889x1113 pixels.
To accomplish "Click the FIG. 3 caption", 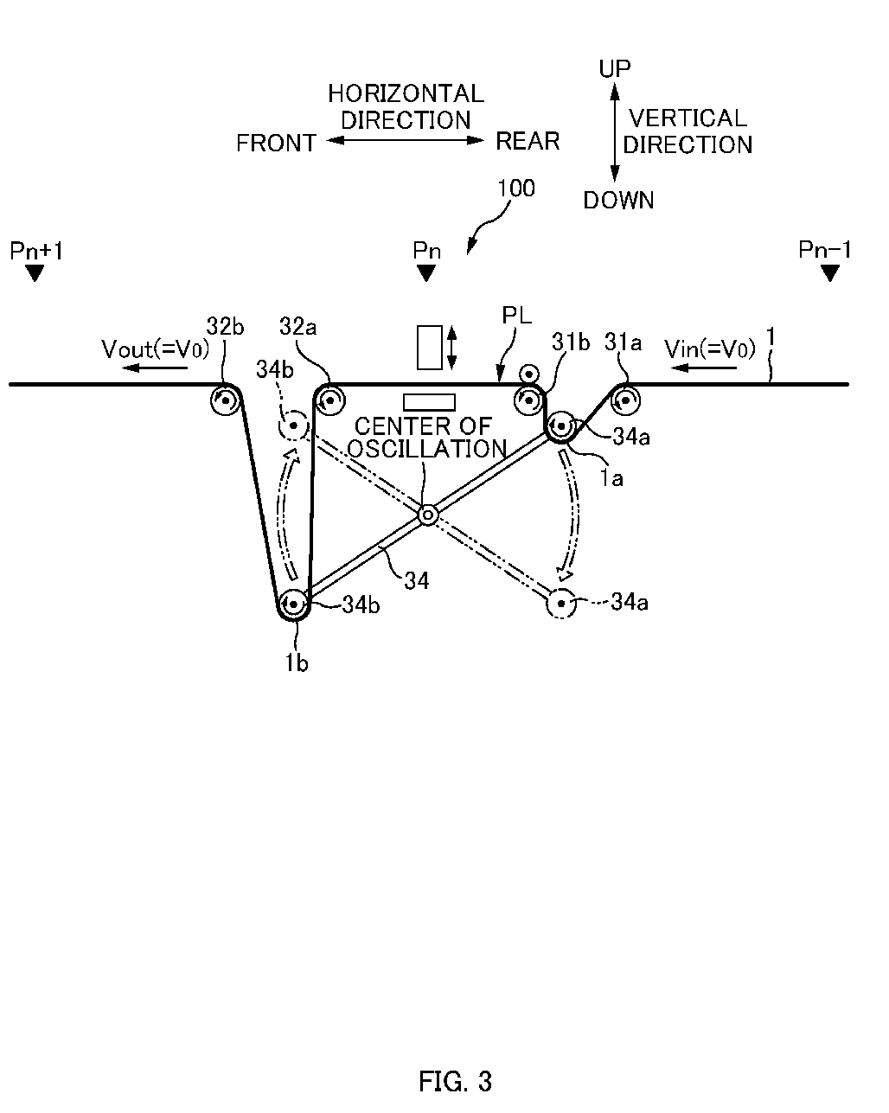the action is click(x=455, y=1081).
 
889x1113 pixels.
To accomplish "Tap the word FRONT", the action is click(x=276, y=144).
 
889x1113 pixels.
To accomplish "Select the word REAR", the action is click(x=528, y=141).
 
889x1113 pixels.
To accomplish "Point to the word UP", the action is click(x=615, y=69).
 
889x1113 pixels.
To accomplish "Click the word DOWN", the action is click(x=618, y=200).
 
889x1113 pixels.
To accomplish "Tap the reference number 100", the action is click(x=515, y=189).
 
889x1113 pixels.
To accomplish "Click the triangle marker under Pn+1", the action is click(x=35, y=273).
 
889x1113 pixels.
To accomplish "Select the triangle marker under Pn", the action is click(x=426, y=273).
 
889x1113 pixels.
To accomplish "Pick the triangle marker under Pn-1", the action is click(x=830, y=273).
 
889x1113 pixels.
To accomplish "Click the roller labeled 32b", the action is click(x=226, y=400).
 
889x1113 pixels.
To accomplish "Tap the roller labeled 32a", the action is click(x=330, y=400).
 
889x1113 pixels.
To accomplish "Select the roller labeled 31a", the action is click(x=626, y=400).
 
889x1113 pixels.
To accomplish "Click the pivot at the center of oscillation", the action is click(x=428, y=515).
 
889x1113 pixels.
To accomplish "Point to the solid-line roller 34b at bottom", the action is click(x=294, y=604).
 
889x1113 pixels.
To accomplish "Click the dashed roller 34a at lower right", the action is click(x=561, y=604).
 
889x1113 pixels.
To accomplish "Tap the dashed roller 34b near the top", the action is click(x=294, y=425).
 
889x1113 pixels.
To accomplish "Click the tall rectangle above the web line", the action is click(x=430, y=348).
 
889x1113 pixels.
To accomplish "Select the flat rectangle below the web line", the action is click(x=429, y=402).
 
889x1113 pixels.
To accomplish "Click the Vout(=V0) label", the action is click(x=155, y=349).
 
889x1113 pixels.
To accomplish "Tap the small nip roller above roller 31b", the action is click(x=529, y=374).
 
